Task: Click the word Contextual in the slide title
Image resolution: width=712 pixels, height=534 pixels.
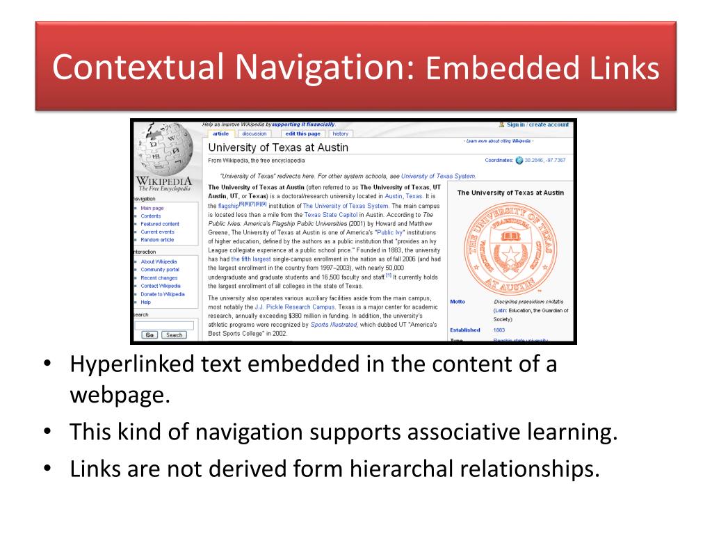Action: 138,69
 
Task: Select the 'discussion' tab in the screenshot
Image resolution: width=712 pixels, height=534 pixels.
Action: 254,133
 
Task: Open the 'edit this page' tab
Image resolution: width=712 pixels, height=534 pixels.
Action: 304,133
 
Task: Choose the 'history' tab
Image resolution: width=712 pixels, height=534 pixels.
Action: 341,133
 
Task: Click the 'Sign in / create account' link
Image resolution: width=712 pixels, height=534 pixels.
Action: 537,124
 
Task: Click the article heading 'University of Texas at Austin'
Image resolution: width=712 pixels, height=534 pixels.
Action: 278,147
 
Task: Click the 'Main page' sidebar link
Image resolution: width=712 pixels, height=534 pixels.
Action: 152,208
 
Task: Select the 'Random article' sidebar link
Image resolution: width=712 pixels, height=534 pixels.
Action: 157,239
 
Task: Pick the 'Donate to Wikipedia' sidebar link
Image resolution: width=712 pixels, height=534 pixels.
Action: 163,294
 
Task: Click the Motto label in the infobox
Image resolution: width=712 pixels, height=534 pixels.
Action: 458,302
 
